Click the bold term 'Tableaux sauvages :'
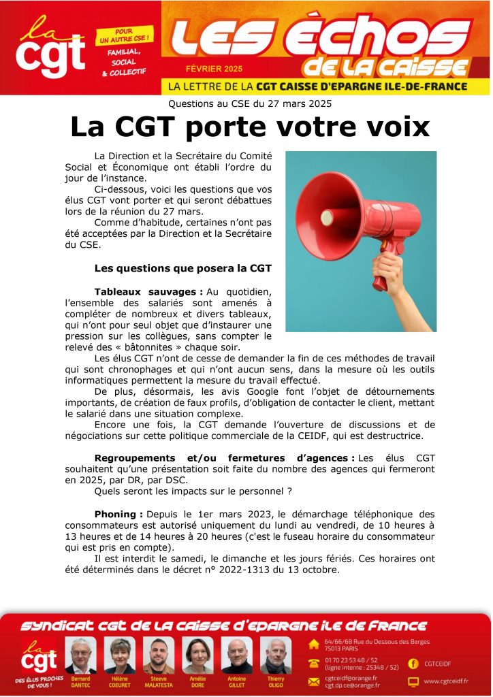pos(139,291)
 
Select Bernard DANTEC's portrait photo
pos(80,655)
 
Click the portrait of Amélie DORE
pos(197,655)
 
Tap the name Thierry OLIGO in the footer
pos(275,682)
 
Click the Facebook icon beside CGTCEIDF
pos(413,663)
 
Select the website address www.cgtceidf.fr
pos(447,681)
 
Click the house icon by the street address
pos(314,643)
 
